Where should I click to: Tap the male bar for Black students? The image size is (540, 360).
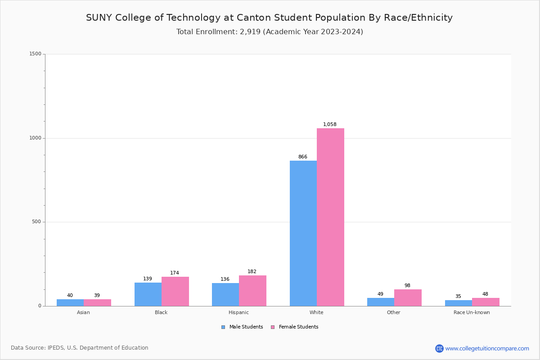148,294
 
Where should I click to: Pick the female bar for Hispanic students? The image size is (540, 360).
252,291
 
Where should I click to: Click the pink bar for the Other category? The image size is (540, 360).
408,297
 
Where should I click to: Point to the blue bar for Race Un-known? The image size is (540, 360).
459,303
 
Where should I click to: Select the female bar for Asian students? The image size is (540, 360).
97,302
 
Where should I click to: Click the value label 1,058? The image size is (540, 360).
330,125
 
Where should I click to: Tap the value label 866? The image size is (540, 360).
303,157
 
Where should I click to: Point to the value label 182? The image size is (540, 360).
252,272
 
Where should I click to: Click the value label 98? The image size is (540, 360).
407,286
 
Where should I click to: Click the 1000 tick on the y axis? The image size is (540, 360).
35,138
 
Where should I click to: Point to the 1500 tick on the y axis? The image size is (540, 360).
35,54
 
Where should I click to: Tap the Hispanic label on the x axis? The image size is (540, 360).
238,312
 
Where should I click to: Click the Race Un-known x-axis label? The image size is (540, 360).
472,312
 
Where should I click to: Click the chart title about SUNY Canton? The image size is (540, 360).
269,18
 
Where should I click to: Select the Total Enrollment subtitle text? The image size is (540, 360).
270,32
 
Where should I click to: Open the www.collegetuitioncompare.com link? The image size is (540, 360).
487,348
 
